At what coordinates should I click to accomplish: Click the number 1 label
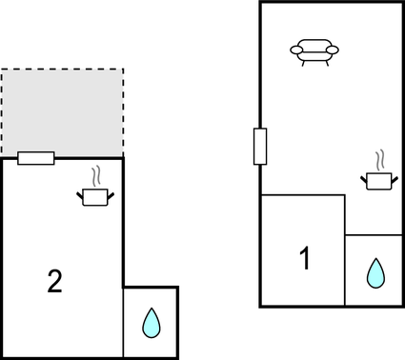(x=305, y=258)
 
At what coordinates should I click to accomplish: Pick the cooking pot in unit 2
(x=95, y=196)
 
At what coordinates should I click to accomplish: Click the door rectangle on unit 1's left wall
(x=259, y=147)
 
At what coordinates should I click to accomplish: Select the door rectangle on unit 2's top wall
(x=36, y=158)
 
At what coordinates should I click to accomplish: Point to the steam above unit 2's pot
(x=95, y=176)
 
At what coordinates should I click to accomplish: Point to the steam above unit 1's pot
(x=379, y=158)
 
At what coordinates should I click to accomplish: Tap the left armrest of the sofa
(x=295, y=50)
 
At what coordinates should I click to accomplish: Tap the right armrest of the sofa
(x=333, y=50)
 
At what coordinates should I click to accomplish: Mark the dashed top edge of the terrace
(x=62, y=70)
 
